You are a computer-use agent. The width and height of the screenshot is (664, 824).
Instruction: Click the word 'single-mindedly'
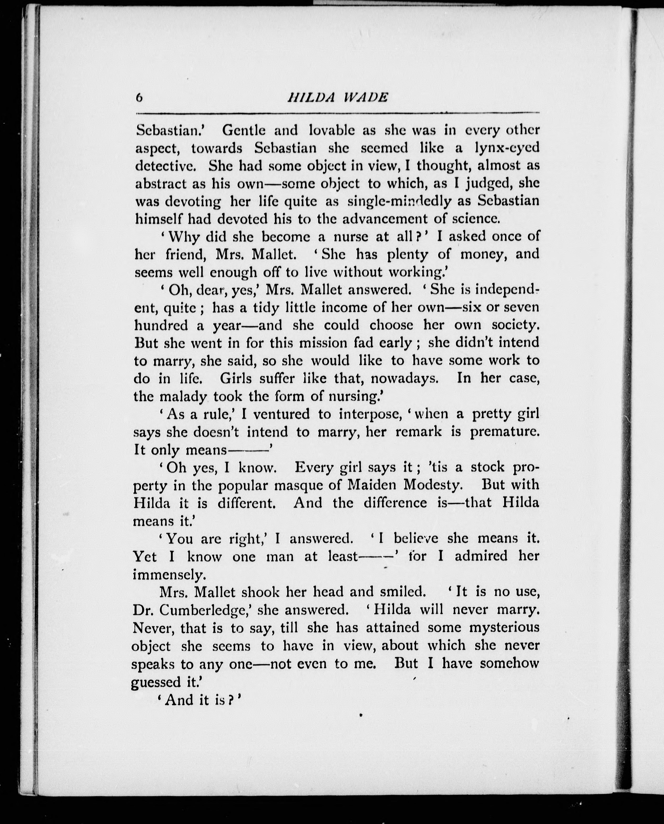click(399, 201)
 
